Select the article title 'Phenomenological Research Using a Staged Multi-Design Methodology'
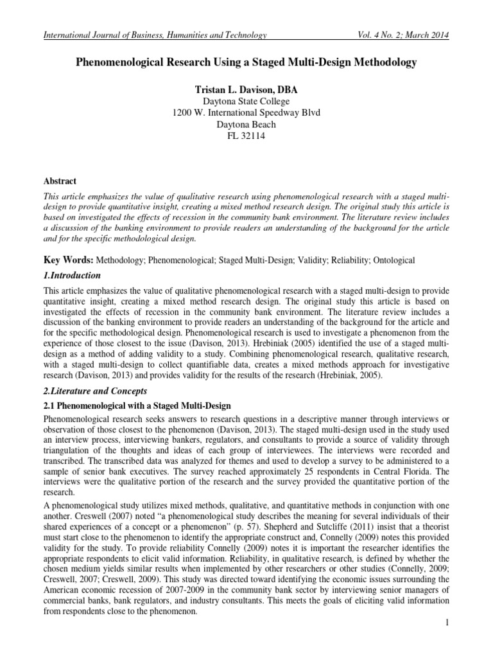coord(246,62)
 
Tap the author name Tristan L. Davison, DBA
coord(246,91)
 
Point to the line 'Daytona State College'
coord(246,102)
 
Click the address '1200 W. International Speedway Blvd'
coord(246,113)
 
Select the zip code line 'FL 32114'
coord(246,136)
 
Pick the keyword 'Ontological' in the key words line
coord(392,260)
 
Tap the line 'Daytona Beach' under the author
coord(246,125)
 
